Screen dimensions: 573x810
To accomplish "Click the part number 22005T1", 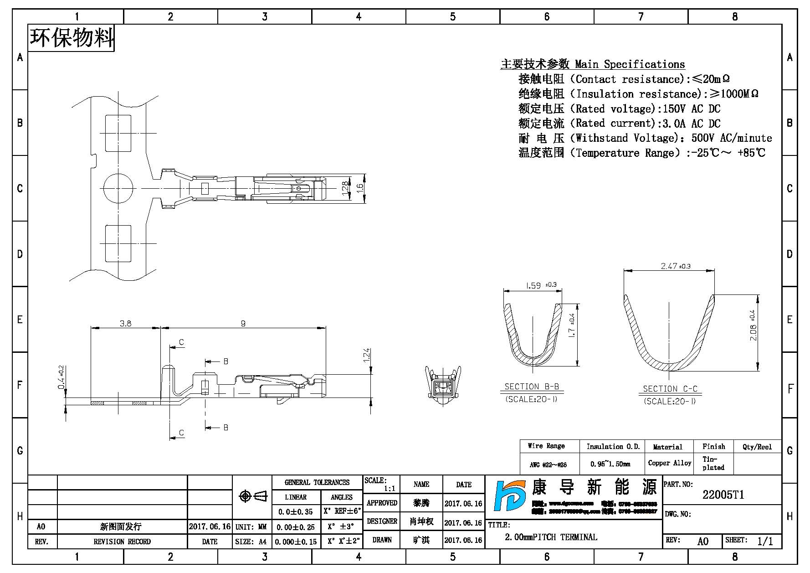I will pos(723,495).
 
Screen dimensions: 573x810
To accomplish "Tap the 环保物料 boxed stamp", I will pos(72,38).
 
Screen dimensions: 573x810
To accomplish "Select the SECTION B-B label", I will pos(532,387).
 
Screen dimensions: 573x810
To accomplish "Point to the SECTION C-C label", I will pos(670,389).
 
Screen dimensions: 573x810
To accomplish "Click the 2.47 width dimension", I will pos(669,266).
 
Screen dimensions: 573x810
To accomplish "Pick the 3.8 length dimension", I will pos(125,323).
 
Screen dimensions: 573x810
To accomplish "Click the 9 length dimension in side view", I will pos(243,323).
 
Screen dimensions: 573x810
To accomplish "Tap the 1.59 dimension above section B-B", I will pos(533,286).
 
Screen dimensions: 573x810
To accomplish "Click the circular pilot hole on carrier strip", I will pos(118,188).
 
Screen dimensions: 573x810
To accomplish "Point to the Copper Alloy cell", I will pos(669,463).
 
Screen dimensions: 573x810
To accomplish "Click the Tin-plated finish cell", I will pos(713,463).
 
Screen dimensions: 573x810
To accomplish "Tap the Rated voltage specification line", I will pos(619,109).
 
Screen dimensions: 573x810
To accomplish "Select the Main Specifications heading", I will pos(592,64).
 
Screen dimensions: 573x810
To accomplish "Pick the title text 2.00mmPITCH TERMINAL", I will pos(551,537).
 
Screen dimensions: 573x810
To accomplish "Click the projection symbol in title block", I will pos(252,496).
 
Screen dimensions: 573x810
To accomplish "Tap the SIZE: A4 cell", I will pos(251,542).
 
